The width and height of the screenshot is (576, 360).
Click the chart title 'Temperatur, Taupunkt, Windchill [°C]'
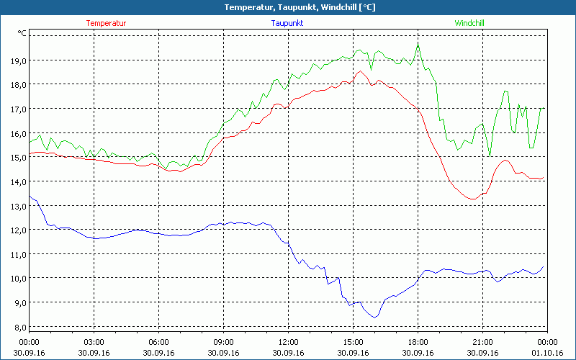click(x=288, y=7)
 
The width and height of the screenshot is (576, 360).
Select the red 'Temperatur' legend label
click(x=106, y=23)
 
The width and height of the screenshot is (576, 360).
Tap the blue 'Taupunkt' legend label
click(x=287, y=23)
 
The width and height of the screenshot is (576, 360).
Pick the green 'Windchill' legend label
click(x=469, y=23)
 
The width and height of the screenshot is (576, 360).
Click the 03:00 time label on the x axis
click(x=94, y=342)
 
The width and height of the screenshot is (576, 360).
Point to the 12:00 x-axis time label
click(x=288, y=342)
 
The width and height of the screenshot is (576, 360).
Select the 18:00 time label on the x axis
click(x=418, y=342)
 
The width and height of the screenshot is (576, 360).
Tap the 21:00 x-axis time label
click(x=482, y=342)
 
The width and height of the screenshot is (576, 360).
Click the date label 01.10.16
click(x=547, y=352)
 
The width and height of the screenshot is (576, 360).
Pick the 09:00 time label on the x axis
click(x=223, y=342)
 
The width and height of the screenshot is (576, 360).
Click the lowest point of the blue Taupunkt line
click(x=374, y=317)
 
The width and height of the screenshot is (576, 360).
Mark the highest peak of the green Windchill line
click(x=418, y=46)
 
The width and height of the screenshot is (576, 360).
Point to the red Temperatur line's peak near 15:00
click(x=359, y=71)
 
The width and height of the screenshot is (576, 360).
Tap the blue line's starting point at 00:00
click(x=30, y=196)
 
